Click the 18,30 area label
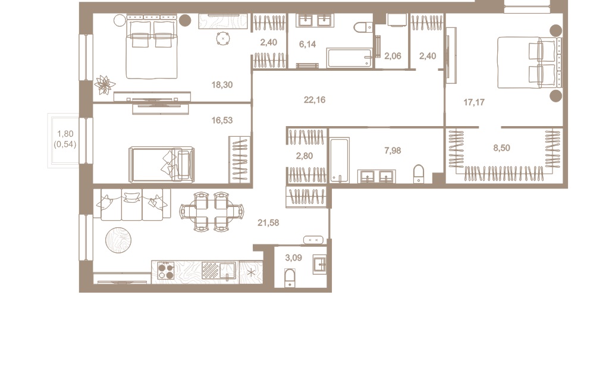tap(222, 85)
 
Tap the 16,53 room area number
tap(222, 120)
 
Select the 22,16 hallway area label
tap(315, 100)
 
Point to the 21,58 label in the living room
tap(268, 223)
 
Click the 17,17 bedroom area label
tap(474, 102)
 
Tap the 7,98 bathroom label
tap(393, 150)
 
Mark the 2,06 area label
tap(393, 57)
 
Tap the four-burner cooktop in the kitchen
tap(166, 271)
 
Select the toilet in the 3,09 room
tap(290, 278)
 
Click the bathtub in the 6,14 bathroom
tap(349, 58)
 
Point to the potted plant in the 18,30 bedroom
tap(105, 84)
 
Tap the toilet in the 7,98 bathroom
tap(419, 174)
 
